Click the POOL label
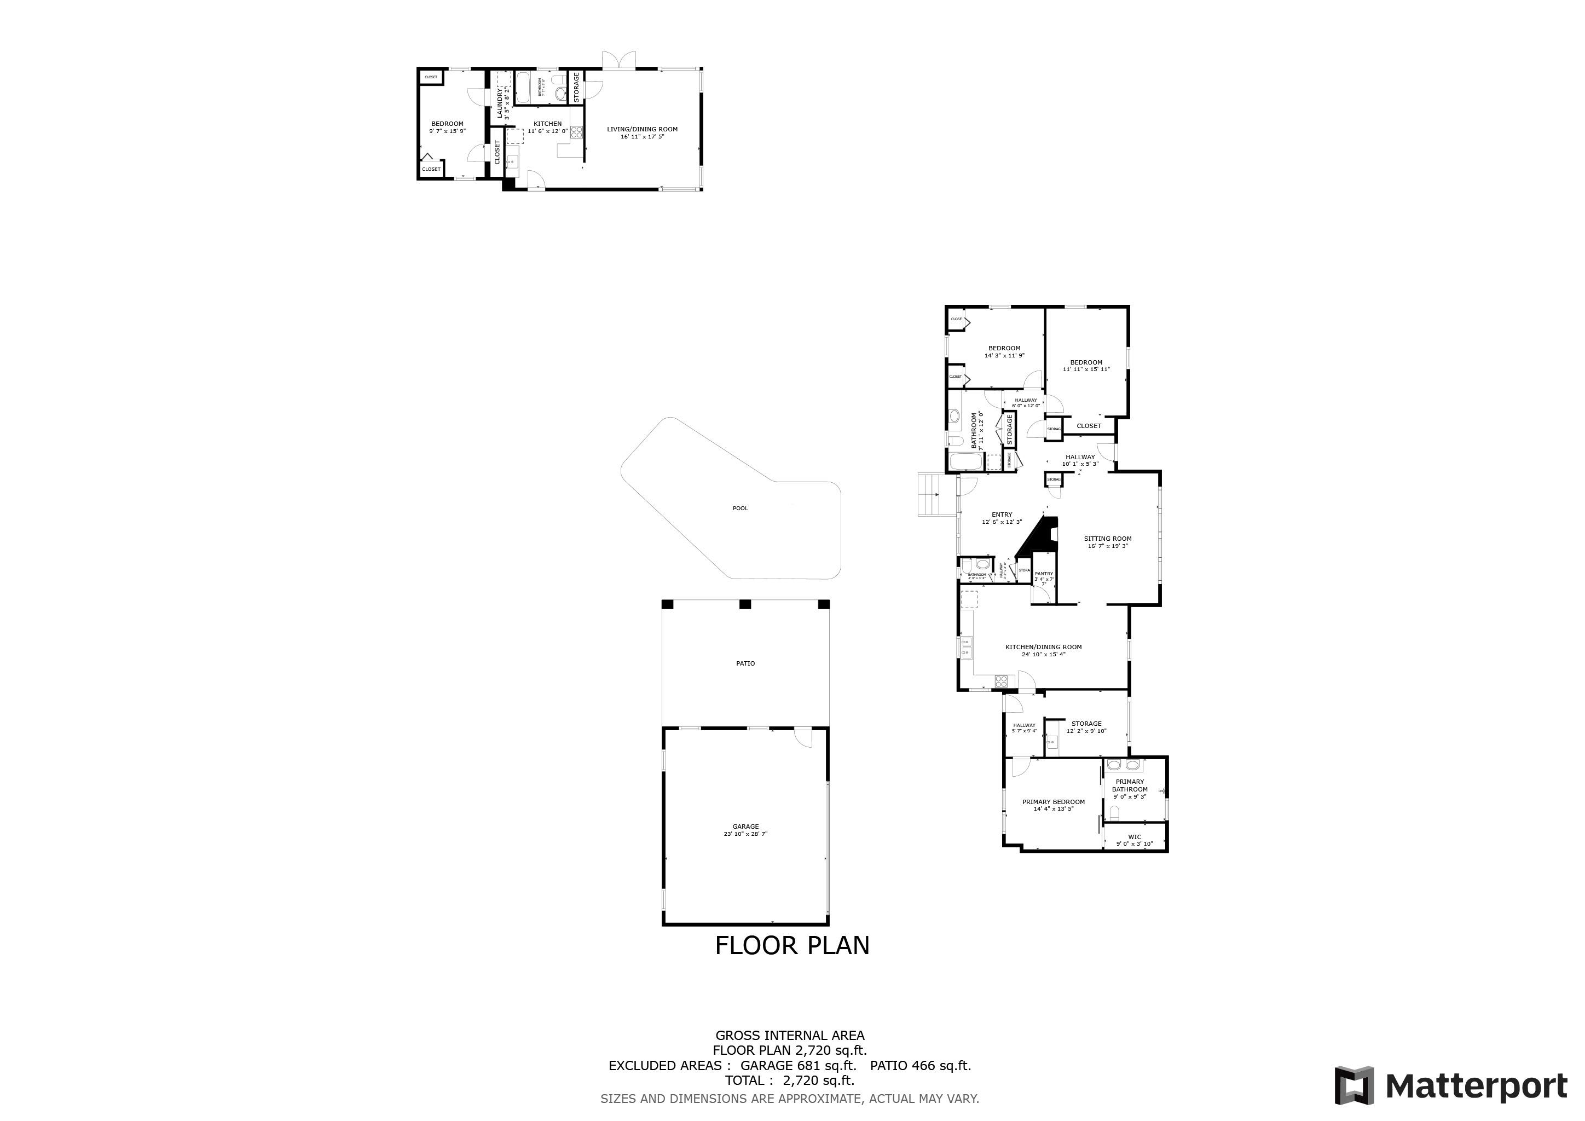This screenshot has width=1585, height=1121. pos(740,509)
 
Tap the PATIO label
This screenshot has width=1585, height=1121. pos(745,663)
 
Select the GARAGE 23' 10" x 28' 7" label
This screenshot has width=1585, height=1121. pos(745,830)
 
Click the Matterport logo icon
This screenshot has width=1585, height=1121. pos(1353,1086)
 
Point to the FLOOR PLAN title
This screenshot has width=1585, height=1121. pos(792,945)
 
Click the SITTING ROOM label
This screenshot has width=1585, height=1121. pos(1107,542)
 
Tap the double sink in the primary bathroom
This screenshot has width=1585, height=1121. pos(1123,765)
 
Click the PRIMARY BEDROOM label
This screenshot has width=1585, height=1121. pos(1054,805)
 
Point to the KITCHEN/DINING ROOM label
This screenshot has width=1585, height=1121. pos(1043,650)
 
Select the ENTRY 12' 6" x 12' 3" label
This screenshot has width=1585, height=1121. pos(1002,518)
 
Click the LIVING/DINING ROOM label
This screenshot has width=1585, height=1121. pos(642,132)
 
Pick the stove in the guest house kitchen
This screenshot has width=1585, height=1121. pos(576,132)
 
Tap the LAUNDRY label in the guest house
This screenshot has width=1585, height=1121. pos(500,104)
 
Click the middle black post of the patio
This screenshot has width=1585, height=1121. pos(745,605)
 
